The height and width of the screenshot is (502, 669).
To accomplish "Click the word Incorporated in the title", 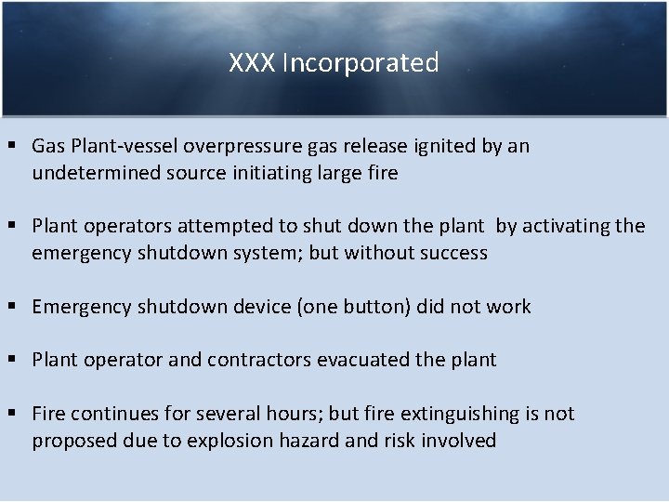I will (360, 63).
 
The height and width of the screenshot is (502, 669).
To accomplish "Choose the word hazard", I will (310, 440).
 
